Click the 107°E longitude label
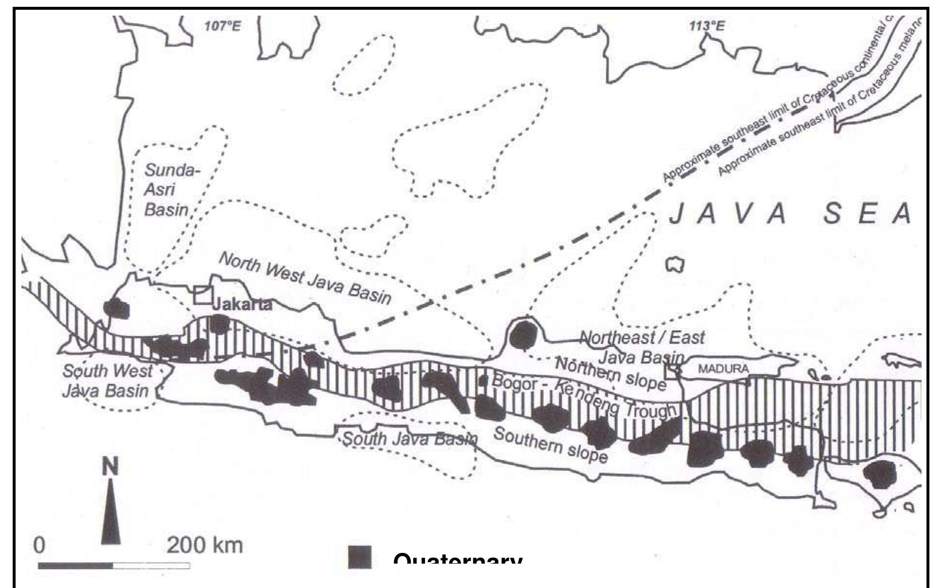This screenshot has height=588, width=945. coord(223,26)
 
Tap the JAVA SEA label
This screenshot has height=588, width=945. coord(790,215)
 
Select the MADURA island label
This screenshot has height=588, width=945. coord(723,369)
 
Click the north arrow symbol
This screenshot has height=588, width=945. coord(111,512)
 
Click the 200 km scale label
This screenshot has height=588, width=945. coord(205,545)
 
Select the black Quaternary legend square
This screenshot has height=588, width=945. coord(360,557)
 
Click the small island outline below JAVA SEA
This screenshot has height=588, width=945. coord(675,265)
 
